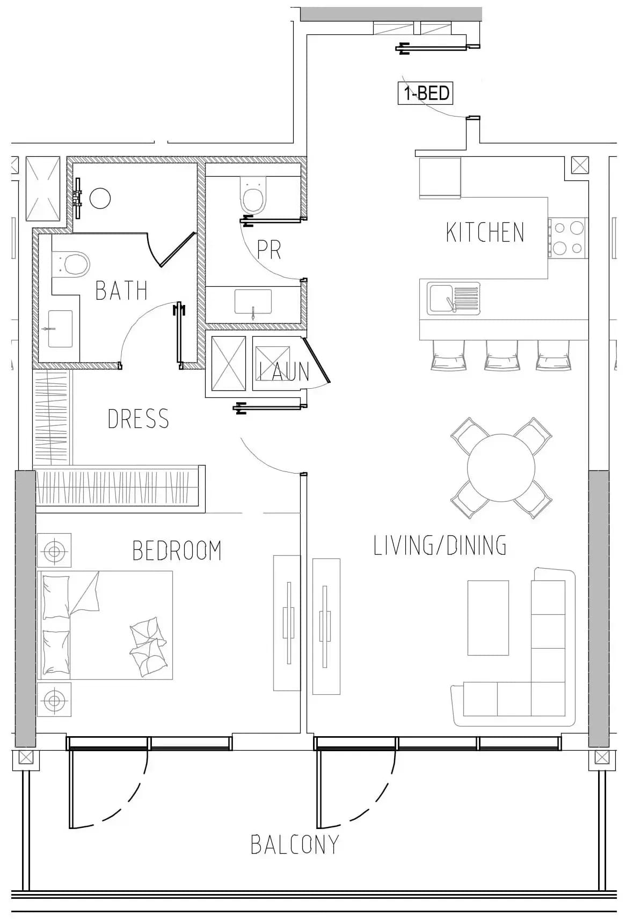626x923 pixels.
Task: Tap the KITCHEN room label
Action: pos(485,232)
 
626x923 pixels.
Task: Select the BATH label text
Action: pos(121,290)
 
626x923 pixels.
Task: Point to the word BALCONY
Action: pos(295,845)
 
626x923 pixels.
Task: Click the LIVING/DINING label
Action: pos(440,545)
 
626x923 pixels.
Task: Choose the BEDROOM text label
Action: pos(177,551)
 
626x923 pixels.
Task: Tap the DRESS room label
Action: pos(138,419)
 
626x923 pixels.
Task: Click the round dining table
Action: pos(501,468)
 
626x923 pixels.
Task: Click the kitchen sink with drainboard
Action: pos(454,299)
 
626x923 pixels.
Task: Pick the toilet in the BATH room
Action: pos(71,264)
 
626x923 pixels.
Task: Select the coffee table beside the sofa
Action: pos(488,617)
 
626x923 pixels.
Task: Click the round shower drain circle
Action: pos(100,198)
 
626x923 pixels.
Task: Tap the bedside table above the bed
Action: pos(54,550)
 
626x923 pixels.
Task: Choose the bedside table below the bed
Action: pos(54,700)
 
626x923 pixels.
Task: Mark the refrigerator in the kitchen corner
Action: pos(440,178)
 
